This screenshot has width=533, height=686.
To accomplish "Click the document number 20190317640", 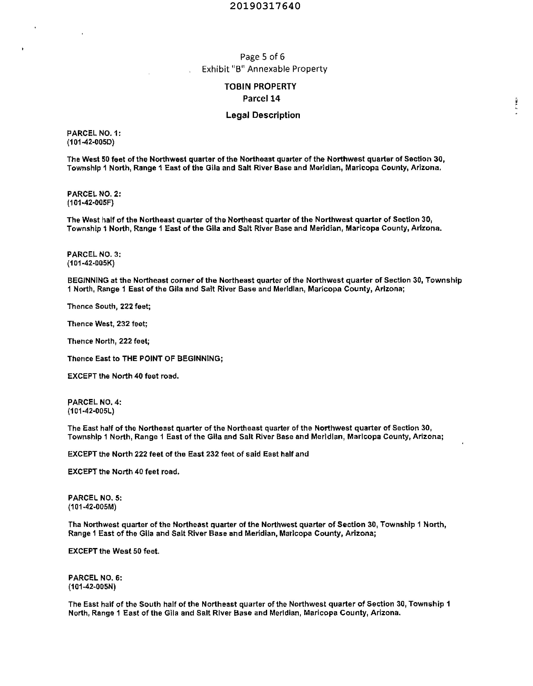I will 265,6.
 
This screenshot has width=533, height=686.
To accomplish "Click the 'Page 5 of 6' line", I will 262,57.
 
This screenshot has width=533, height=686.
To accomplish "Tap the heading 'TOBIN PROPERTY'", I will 260,86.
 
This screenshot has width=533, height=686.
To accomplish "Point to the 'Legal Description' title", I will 263,115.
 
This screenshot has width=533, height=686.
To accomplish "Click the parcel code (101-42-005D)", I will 91,142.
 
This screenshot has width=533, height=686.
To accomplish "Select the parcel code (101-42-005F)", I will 91,203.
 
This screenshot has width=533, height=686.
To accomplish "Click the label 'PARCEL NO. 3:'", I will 94,254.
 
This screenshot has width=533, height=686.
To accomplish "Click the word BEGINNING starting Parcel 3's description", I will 88,280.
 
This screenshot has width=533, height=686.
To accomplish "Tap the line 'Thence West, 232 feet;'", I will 107,324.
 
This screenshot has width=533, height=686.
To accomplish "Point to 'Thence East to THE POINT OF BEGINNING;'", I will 145,359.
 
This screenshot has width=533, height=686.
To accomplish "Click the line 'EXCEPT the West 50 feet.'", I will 114,551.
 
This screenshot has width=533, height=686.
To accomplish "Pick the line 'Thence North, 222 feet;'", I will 108,341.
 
